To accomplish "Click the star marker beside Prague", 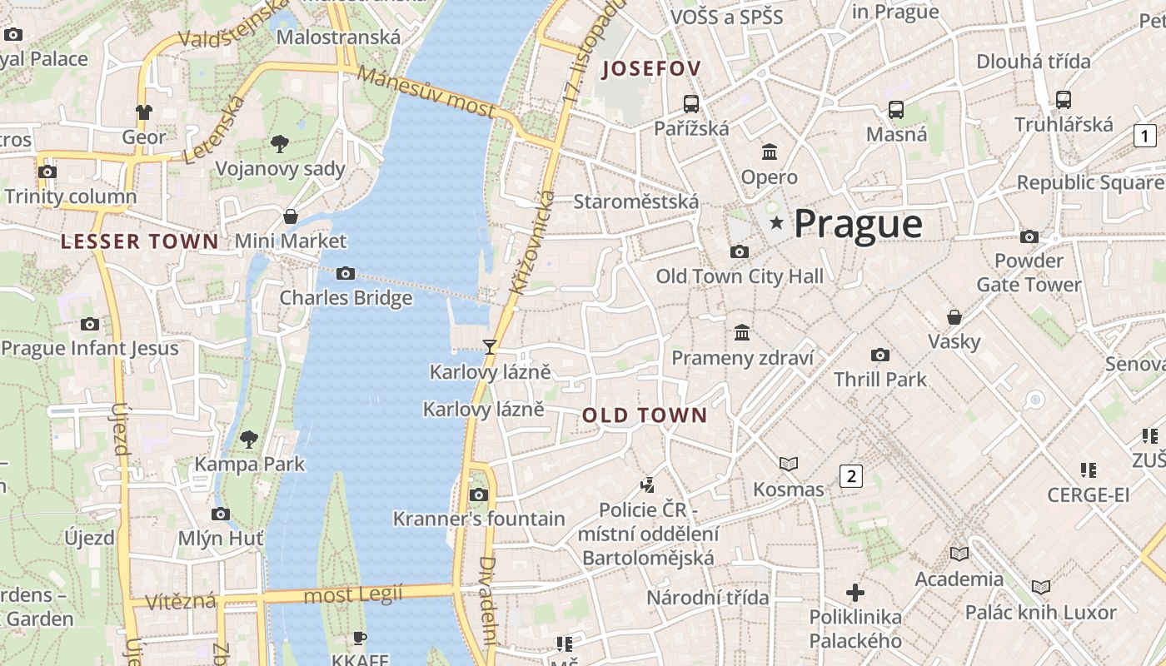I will (776, 223).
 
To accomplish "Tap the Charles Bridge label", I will (346, 298).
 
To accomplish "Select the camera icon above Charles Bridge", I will (345, 273).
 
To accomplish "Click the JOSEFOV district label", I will (652, 69).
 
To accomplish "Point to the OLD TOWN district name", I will (645, 415).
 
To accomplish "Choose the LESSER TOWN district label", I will (140, 242).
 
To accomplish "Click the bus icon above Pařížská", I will (690, 103).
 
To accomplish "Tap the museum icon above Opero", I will (769, 152).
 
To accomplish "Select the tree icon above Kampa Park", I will (248, 439).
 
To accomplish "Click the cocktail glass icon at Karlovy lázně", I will (490, 346).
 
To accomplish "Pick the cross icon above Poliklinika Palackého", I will (855, 593).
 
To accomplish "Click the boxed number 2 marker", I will (850, 476).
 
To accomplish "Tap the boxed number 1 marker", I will (1145, 136).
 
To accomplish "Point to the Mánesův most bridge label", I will (426, 92).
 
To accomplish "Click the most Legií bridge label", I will (352, 595).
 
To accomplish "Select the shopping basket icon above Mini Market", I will (290, 216).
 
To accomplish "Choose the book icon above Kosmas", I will (788, 464).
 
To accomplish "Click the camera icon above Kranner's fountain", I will (478, 495).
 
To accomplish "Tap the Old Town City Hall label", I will (739, 276).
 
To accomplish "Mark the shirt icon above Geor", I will (144, 112).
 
